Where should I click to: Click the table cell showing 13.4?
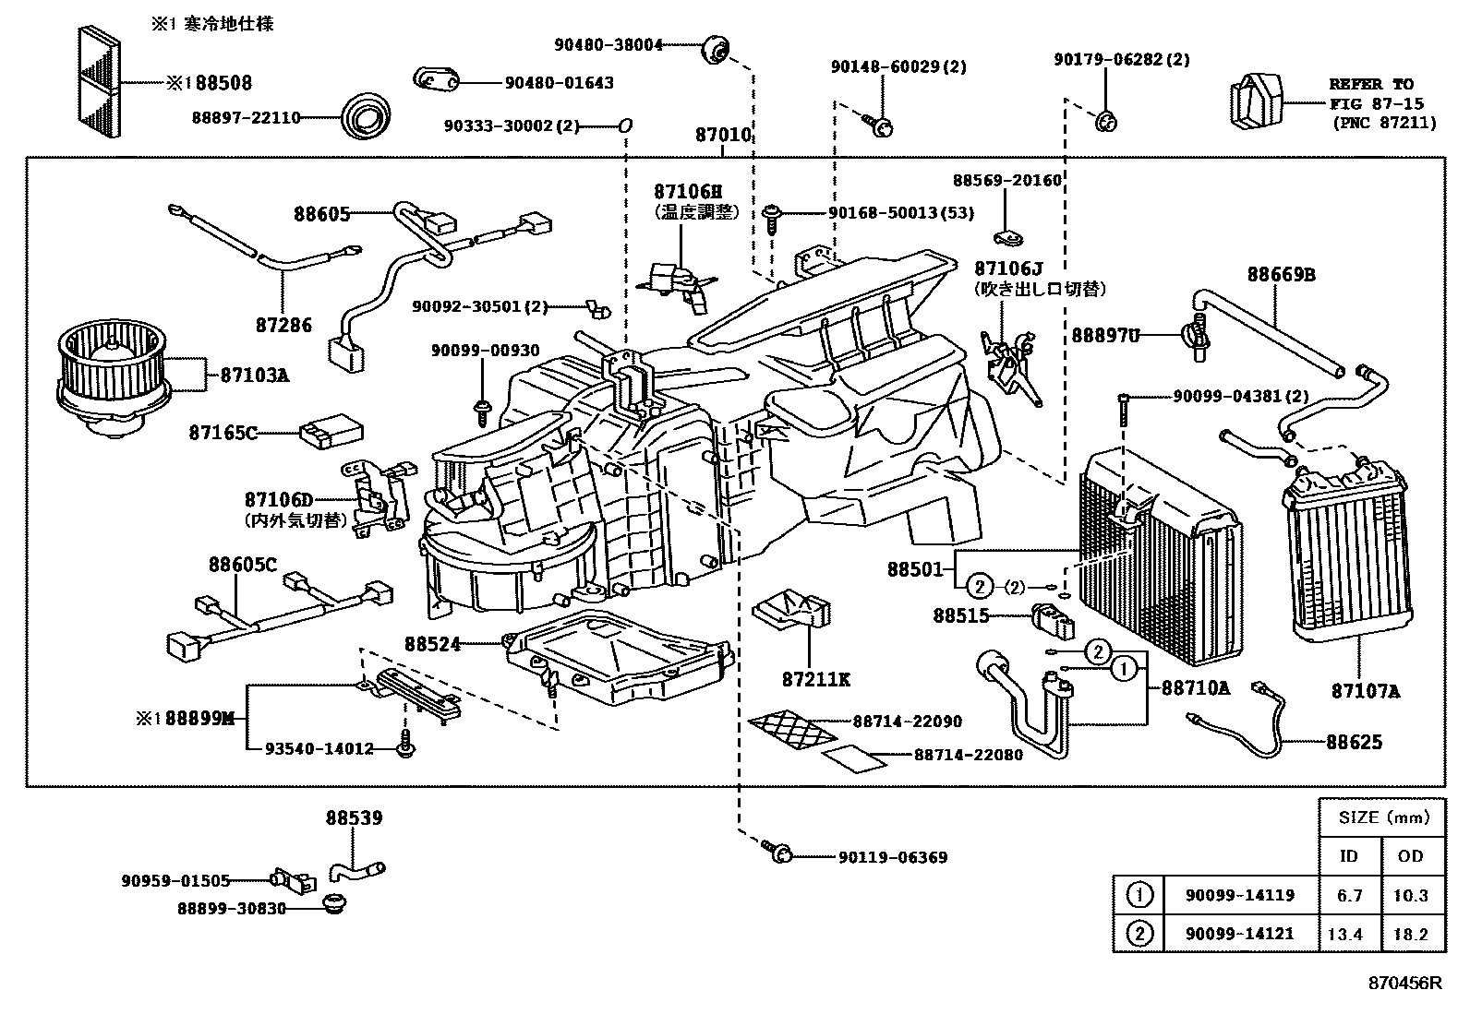click(1344, 935)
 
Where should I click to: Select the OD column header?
click(1410, 856)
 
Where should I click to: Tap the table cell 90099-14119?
click(1240, 895)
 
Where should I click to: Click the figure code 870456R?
click(1404, 983)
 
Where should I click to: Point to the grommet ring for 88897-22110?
click(364, 117)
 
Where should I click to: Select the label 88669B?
click(1281, 274)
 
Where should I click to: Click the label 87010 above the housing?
click(723, 135)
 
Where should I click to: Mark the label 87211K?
click(815, 680)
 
